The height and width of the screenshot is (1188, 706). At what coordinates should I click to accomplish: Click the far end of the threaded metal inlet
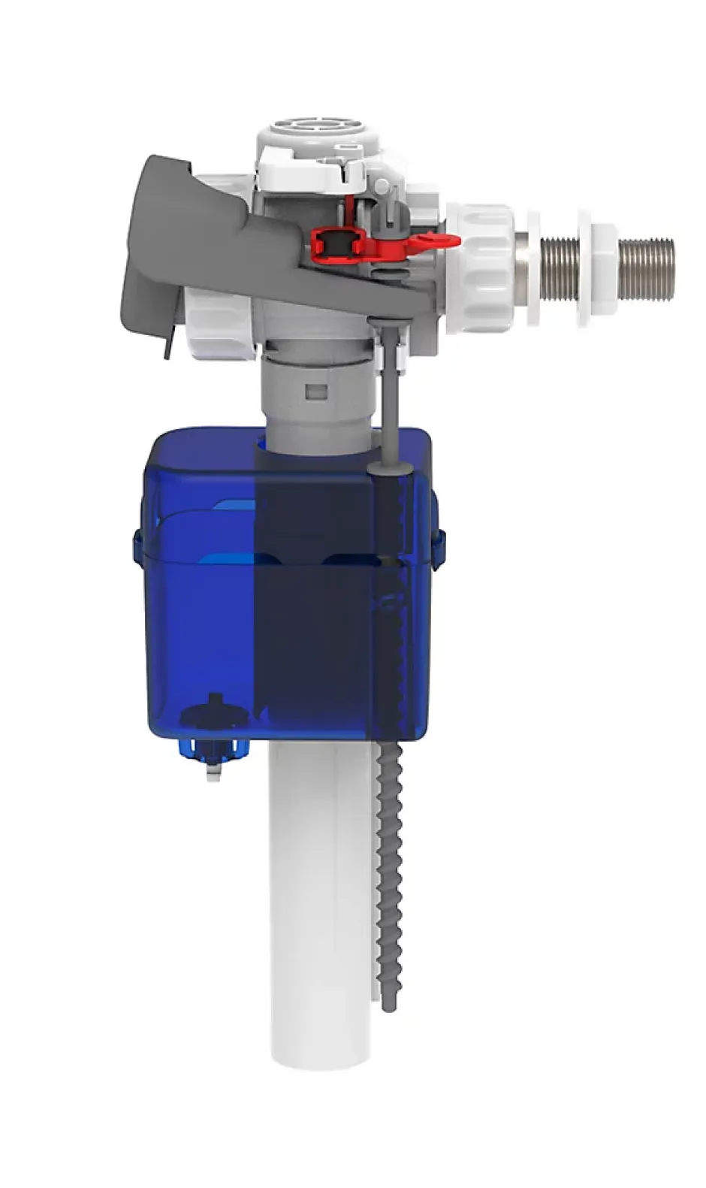pos(671,269)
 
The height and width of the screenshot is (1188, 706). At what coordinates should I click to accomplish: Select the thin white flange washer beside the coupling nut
pos(533,268)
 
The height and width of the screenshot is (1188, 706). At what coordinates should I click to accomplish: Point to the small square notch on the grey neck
pos(319,391)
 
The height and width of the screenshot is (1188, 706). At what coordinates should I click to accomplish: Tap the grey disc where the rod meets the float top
pos(390,469)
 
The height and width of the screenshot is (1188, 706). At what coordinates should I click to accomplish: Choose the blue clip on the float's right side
pos(439,545)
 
